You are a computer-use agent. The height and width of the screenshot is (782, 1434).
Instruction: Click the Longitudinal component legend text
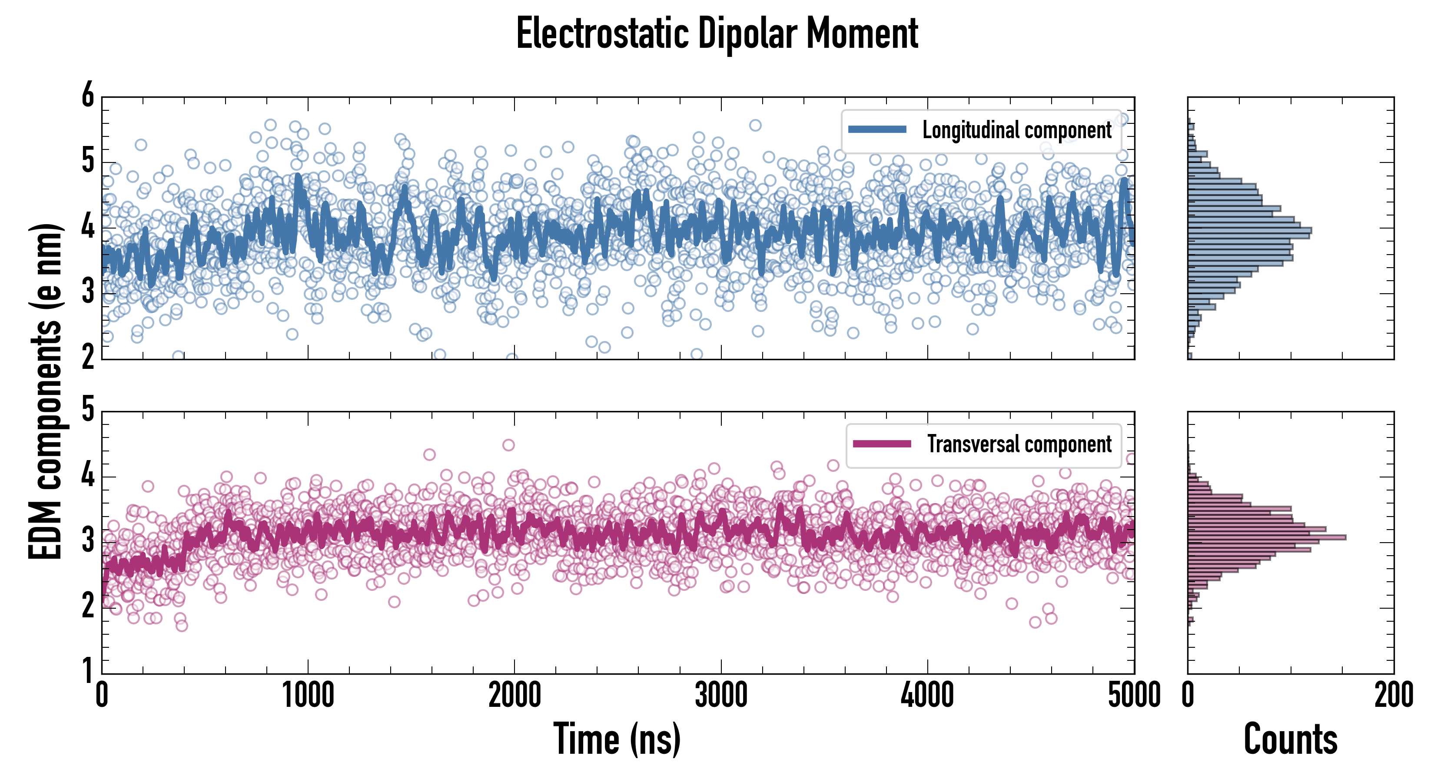[1016, 130]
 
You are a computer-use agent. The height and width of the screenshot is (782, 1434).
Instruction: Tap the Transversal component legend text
[1019, 444]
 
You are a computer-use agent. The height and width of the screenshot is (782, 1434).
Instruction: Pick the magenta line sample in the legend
[882, 444]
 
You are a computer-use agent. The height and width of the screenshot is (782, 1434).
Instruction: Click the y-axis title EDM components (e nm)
[46, 391]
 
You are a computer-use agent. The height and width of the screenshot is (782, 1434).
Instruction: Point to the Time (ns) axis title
[617, 739]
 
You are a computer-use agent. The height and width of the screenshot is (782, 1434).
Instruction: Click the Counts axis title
[1290, 739]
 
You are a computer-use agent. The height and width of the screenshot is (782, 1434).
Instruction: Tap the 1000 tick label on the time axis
[308, 696]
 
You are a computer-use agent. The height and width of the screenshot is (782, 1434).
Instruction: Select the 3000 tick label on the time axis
[721, 696]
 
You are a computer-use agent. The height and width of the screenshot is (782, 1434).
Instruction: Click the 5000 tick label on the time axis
[1134, 696]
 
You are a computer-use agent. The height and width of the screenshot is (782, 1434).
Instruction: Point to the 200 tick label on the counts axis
[1393, 696]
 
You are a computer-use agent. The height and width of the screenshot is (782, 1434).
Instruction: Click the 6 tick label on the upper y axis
[88, 96]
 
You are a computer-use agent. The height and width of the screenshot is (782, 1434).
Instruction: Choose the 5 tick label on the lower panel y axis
[88, 410]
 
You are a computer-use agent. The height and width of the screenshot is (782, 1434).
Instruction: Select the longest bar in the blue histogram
[1250, 230]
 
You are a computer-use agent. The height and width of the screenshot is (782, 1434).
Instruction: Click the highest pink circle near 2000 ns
[508, 445]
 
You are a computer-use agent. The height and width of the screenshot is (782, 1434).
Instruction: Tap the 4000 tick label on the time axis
[927, 696]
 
